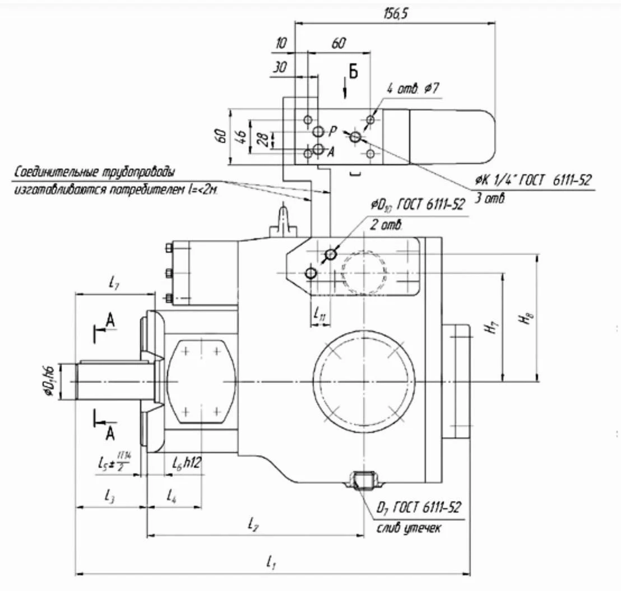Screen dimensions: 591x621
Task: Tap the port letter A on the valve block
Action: pos(331,151)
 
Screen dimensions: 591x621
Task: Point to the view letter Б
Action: pos(353,71)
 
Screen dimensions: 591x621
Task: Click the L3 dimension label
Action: pos(110,495)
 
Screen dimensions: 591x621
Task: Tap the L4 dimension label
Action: pos(173,495)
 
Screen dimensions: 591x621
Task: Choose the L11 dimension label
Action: pos(320,313)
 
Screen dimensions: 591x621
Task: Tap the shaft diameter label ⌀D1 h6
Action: pos(50,381)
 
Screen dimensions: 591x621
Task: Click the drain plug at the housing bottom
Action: pos(363,480)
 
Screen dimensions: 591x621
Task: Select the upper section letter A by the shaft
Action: pos(110,320)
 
